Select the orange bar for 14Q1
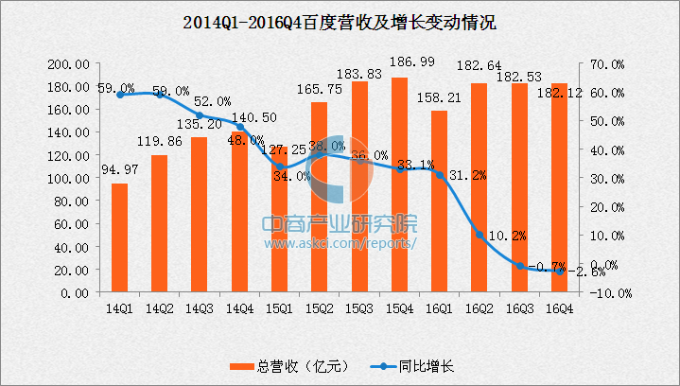119,237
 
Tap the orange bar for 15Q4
399,185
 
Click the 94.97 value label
119,171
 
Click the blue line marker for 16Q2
479,235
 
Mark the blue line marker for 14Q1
119,95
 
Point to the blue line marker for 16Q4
559,272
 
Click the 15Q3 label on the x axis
359,307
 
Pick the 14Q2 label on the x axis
159,307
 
